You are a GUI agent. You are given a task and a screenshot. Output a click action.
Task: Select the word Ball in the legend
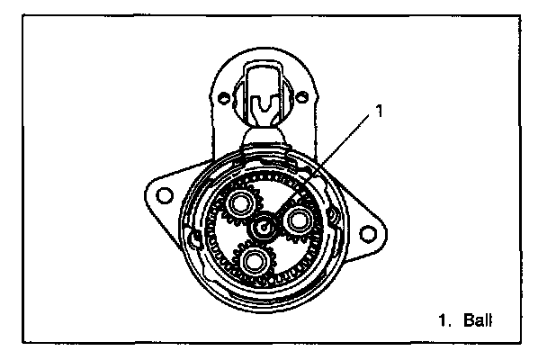point(477,319)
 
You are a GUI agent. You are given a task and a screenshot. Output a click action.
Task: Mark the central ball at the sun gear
point(262,226)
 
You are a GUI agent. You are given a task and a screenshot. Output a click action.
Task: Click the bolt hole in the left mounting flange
point(165,193)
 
